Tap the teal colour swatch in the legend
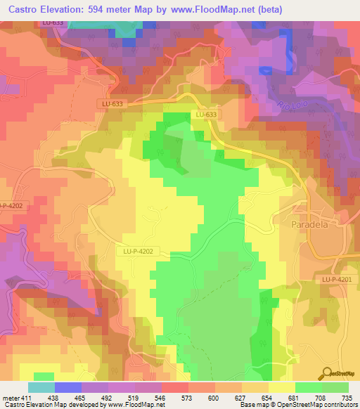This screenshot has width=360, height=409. point(41,387)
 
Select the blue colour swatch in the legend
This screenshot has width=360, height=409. point(68,387)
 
